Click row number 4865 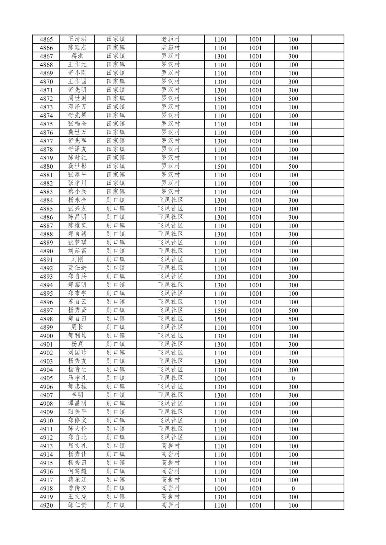pyautogui.click(x=46, y=39)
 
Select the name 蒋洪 pyautogui.click(x=77, y=56)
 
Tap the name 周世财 pyautogui.click(x=77, y=99)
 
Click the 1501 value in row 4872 pyautogui.click(x=220, y=99)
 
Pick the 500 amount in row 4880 pyautogui.click(x=293, y=166)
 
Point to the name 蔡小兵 pyautogui.click(x=77, y=192)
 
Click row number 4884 pyautogui.click(x=46, y=201)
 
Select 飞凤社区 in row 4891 pyautogui.click(x=170, y=260)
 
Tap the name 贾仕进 pyautogui.click(x=77, y=268)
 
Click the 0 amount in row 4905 pyautogui.click(x=293, y=378)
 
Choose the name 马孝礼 pyautogui.click(x=77, y=378)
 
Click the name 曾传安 pyautogui.click(x=77, y=488)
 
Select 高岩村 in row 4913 pyautogui.click(x=170, y=446)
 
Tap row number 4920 pyautogui.click(x=46, y=506)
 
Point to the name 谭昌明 pyautogui.click(x=77, y=404)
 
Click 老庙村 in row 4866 pyautogui.click(x=170, y=48)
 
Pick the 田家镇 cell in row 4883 pyautogui.click(x=115, y=192)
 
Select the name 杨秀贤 pyautogui.click(x=77, y=310)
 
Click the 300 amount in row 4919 pyautogui.click(x=293, y=497)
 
